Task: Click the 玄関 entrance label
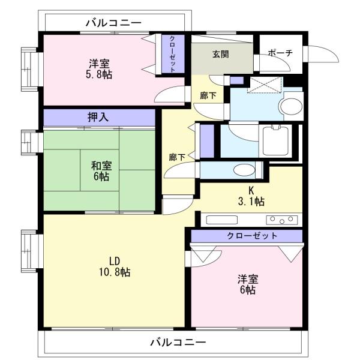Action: coord(220,55)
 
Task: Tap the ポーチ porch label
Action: coord(280,53)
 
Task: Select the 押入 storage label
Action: coord(98,117)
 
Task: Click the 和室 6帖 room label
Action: coord(101,171)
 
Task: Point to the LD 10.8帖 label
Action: coord(115,267)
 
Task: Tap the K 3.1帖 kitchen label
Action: coord(251,196)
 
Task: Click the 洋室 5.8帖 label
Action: coord(99,69)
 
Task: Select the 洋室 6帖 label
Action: coord(248,284)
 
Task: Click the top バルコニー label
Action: coord(113,23)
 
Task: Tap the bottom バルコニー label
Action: coord(178,343)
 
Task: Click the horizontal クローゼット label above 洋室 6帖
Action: coord(252,236)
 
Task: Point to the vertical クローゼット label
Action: coord(173,54)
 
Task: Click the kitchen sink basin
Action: coord(222,220)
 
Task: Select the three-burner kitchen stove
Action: coord(282,220)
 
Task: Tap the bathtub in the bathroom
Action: coord(275,141)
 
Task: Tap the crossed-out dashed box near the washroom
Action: coord(264,85)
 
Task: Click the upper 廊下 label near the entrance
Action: coord(208,95)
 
